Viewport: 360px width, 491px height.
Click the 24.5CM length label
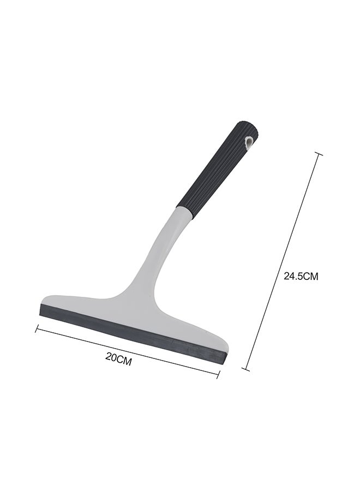[301, 276]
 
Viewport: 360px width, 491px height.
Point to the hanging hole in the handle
[249, 142]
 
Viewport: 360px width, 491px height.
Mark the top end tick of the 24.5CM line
[319, 154]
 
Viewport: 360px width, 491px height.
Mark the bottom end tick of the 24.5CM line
[246, 369]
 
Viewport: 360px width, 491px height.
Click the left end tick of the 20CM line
[38, 328]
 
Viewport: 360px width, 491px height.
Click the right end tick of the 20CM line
[219, 374]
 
